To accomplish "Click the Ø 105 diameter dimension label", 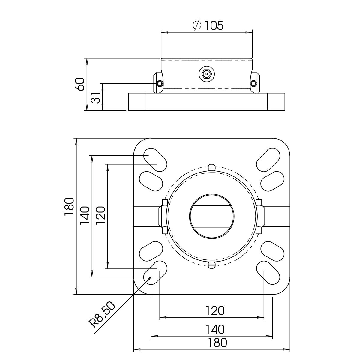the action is (x=208, y=25).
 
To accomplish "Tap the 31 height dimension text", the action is (x=95, y=98).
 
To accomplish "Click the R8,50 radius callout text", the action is (x=102, y=317).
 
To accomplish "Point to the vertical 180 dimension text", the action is (x=69, y=207).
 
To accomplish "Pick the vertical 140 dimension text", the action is (x=85, y=216).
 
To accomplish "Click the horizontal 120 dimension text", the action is (x=215, y=311).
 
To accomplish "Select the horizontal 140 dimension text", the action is (x=215, y=329).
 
